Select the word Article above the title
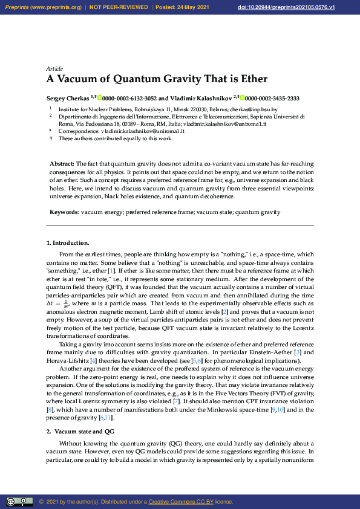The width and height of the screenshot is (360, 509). click(54, 68)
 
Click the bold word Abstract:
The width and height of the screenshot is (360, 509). click(62, 164)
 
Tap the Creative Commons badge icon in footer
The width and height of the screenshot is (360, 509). click(19, 502)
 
